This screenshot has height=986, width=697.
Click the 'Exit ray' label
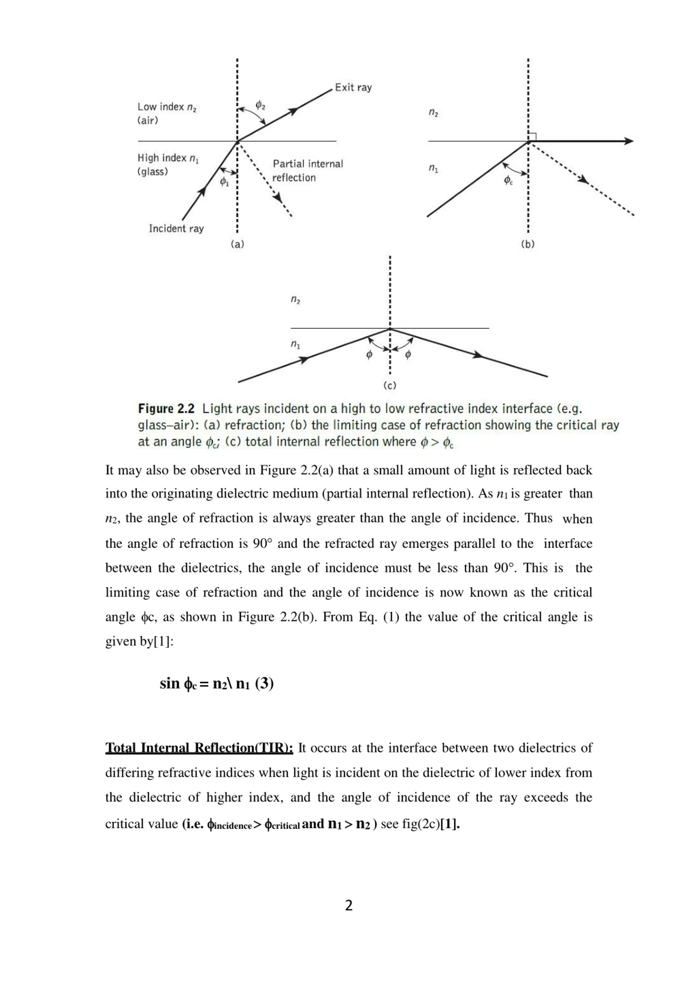(353, 88)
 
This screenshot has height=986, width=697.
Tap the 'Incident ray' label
(176, 228)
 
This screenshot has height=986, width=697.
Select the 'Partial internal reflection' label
(308, 170)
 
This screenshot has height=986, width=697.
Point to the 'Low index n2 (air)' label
(167, 113)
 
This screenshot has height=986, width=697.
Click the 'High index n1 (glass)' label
(168, 164)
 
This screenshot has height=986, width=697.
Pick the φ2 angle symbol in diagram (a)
(260, 105)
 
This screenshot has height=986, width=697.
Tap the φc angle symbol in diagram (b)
(508, 180)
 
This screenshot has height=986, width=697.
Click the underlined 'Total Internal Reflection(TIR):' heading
(199, 748)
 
